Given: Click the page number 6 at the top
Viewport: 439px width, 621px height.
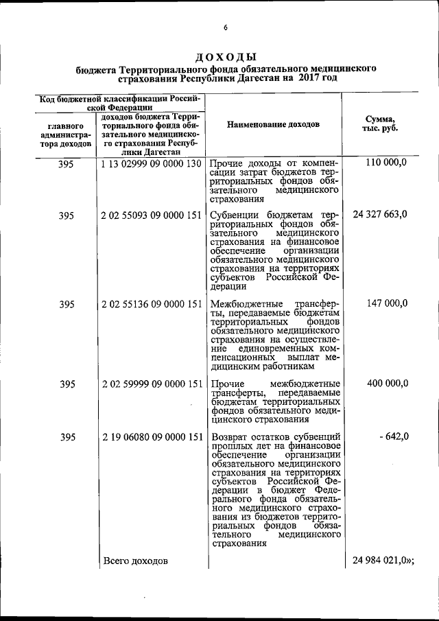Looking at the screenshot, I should [x=224, y=27].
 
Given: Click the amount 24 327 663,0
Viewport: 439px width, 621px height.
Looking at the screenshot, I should [x=380, y=215].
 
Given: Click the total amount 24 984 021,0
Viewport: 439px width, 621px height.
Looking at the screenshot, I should [x=382, y=561].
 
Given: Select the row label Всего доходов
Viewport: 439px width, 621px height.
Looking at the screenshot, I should [x=135, y=561].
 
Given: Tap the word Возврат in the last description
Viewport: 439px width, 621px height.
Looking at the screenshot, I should [x=231, y=437].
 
